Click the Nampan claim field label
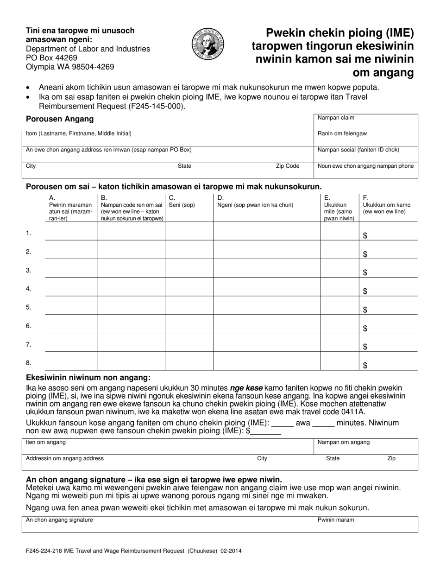[336, 118]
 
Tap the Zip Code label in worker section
[288, 166]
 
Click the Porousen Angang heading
[60, 119]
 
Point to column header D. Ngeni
[255, 202]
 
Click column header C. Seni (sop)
[182, 202]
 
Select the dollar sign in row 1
[365, 236]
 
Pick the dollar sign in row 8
[365, 366]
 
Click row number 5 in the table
[29, 307]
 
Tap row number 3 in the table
[29, 270]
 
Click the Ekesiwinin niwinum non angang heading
[88, 378]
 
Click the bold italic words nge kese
[250, 388]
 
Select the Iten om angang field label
[46, 442]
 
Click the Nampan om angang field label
[343, 442]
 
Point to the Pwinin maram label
[336, 520]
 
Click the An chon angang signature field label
[59, 520]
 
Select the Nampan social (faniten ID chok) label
[358, 150]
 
